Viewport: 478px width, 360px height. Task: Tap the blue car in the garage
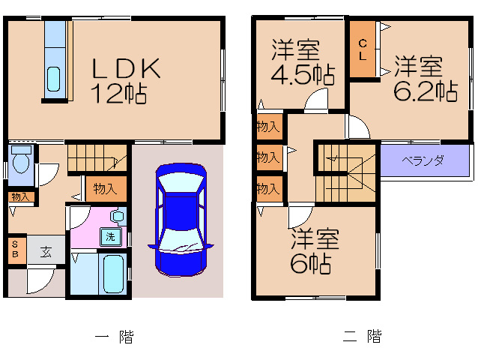pyautogui.click(x=180, y=218)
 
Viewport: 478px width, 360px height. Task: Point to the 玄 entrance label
pyautogui.click(x=46, y=251)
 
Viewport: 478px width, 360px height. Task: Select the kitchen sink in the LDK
pyautogui.click(x=54, y=78)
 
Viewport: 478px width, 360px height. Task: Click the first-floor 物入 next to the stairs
pyautogui.click(x=105, y=188)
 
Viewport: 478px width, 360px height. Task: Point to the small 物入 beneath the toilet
pyautogui.click(x=20, y=197)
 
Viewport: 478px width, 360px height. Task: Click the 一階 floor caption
pyautogui.click(x=114, y=337)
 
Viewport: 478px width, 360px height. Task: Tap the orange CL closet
pyautogui.click(x=361, y=49)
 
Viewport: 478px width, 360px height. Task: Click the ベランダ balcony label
pyautogui.click(x=423, y=160)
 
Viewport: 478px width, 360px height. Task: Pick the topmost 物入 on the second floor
pyautogui.click(x=267, y=127)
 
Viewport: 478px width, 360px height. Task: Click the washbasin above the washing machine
pyautogui.click(x=116, y=217)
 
